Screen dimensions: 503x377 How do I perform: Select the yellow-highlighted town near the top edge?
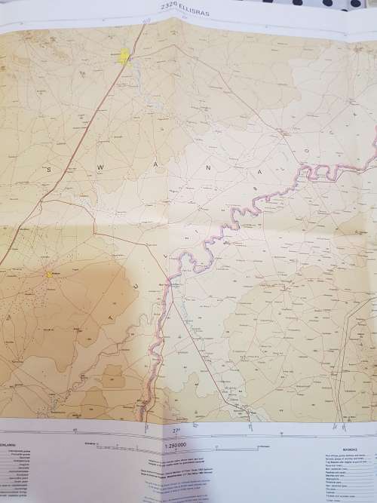125,57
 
